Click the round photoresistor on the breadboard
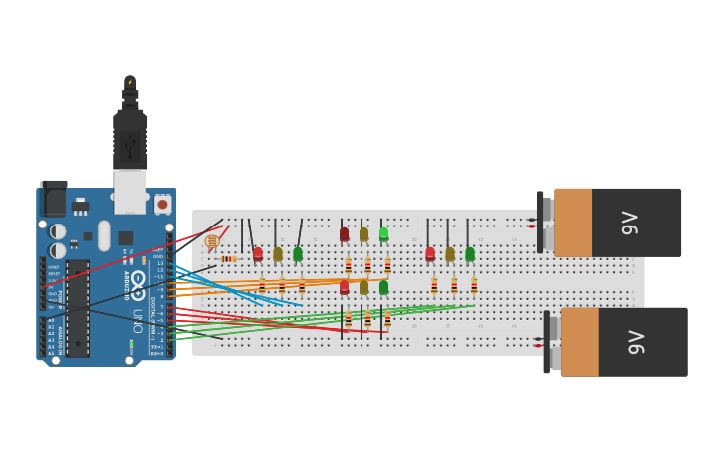[211, 241]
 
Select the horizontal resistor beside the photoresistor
[229, 259]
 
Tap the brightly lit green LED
[383, 234]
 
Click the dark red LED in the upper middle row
[344, 234]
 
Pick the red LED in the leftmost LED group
[258, 254]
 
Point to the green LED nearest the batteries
[470, 254]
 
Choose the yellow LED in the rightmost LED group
[450, 254]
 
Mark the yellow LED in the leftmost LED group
[278, 254]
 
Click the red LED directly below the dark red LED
[344, 287]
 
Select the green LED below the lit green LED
[383, 287]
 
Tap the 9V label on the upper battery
[630, 223]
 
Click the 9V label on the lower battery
[636, 342]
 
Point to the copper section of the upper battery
[573, 223]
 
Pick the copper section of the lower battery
[580, 342]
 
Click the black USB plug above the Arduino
[130, 140]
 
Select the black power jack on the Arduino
[54, 199]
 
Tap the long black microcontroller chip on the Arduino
[78, 307]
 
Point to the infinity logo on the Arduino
[138, 280]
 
